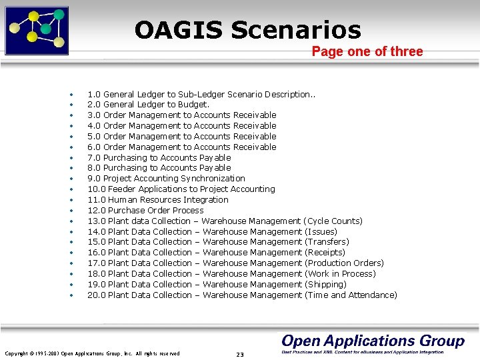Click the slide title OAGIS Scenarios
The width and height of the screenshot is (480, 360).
[247, 30]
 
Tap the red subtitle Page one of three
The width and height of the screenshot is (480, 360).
[367, 52]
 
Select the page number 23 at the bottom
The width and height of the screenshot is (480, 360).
[240, 354]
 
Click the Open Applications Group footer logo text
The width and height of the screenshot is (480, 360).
[372, 341]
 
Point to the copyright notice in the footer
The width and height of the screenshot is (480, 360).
[92, 353]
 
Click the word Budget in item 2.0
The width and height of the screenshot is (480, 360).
[193, 105]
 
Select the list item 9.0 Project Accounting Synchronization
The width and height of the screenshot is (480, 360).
[166, 179]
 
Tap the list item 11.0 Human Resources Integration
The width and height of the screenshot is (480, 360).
[157, 200]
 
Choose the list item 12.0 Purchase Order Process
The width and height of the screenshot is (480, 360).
[145, 211]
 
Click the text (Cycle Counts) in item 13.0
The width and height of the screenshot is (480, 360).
[333, 221]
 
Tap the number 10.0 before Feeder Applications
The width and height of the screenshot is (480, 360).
[96, 189]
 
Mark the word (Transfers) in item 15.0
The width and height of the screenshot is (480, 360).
[326, 242]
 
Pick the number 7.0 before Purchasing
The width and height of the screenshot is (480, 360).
[94, 157]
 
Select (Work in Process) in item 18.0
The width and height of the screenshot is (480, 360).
[339, 273]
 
